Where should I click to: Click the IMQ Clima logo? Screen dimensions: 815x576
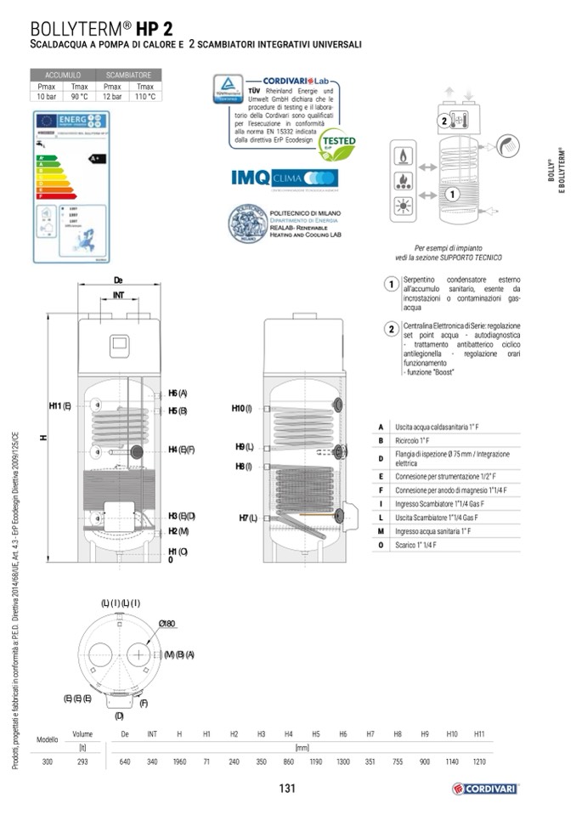click(x=285, y=178)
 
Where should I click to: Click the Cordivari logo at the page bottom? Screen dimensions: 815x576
click(x=485, y=788)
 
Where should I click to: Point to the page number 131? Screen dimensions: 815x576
click(x=286, y=789)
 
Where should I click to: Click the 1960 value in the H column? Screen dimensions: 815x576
click(x=179, y=761)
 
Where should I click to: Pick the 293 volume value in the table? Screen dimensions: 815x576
click(x=82, y=761)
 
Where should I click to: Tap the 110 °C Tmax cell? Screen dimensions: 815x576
click(x=145, y=96)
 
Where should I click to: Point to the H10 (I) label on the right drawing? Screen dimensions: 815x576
click(x=242, y=409)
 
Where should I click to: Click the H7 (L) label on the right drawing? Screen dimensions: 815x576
click(x=248, y=518)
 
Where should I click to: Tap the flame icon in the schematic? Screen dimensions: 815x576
click(x=402, y=156)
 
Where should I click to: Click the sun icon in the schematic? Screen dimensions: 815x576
click(x=402, y=207)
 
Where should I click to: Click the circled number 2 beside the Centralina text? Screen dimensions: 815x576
click(x=391, y=329)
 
